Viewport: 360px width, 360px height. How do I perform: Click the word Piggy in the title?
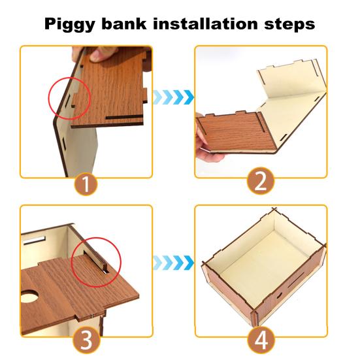pyautogui.click(x=69, y=24)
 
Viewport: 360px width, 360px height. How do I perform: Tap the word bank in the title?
pyautogui.click(x=124, y=23)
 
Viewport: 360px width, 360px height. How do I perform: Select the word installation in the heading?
pyautogui.click(x=206, y=23)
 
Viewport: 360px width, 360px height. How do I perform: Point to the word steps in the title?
pyautogui.click(x=289, y=24)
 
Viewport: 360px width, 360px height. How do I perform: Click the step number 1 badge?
pyautogui.click(x=86, y=184)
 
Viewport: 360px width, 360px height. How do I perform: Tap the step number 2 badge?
pyautogui.click(x=261, y=181)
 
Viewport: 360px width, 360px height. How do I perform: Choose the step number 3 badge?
pyautogui.click(x=86, y=340)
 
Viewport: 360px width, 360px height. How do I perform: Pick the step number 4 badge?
pyautogui.click(x=261, y=340)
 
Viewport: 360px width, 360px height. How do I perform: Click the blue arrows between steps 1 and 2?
pyautogui.click(x=174, y=97)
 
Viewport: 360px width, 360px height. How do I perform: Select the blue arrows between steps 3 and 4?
pyautogui.click(x=174, y=263)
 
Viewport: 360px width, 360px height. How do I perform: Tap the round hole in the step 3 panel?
pyautogui.click(x=29, y=296)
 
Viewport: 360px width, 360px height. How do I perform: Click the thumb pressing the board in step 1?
pyautogui.click(x=101, y=54)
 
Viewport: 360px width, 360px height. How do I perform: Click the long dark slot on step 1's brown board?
pyautogui.click(x=124, y=118)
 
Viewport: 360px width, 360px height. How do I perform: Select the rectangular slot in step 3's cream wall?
pyautogui.click(x=34, y=240)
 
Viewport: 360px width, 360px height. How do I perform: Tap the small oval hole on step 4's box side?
pyautogui.click(x=279, y=295)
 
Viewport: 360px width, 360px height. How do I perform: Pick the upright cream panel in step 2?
pyautogui.click(x=291, y=78)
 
